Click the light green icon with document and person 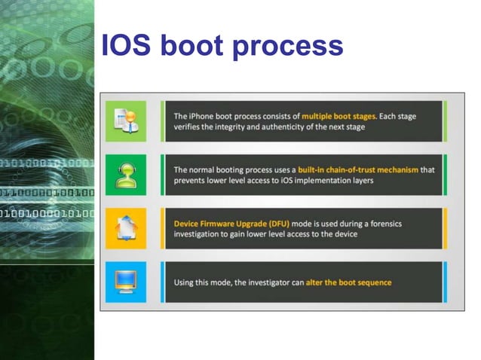(x=125, y=121)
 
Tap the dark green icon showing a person (x=125, y=175)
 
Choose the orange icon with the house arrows (x=125, y=228)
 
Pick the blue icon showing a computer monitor (x=125, y=282)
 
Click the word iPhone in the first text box (x=205, y=117)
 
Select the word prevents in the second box (x=192, y=181)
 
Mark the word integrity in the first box (x=241, y=127)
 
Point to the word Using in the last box (x=185, y=282)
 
